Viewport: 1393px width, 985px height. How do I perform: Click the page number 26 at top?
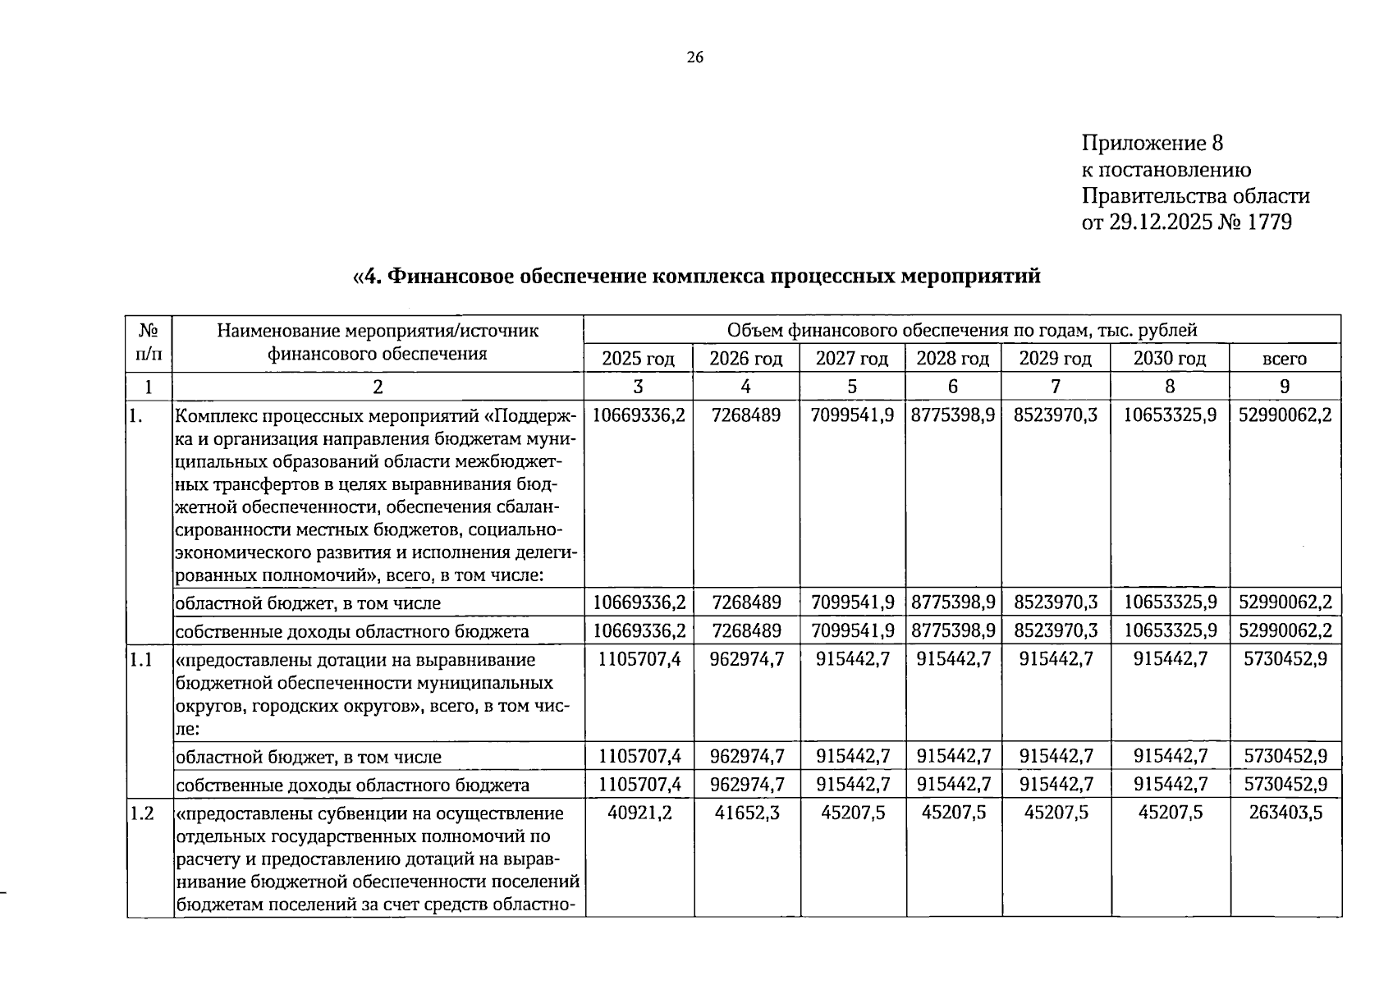[x=694, y=57]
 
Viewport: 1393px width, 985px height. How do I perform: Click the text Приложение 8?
[x=1152, y=144]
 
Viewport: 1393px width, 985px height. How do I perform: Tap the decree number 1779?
[x=1269, y=222]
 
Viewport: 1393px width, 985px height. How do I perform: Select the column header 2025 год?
[x=638, y=359]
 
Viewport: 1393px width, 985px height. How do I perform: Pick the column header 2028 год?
[x=952, y=359]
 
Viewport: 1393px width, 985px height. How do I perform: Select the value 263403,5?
[x=1285, y=813]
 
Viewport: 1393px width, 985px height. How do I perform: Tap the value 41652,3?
[x=746, y=813]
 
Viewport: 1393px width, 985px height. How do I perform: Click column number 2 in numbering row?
[x=378, y=387]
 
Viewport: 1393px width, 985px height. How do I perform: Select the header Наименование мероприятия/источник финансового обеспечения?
[x=378, y=342]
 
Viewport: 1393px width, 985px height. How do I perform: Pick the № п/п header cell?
[x=149, y=342]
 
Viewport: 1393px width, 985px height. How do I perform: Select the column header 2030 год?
[x=1169, y=359]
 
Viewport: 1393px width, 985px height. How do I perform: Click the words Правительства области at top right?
[x=1195, y=196]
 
